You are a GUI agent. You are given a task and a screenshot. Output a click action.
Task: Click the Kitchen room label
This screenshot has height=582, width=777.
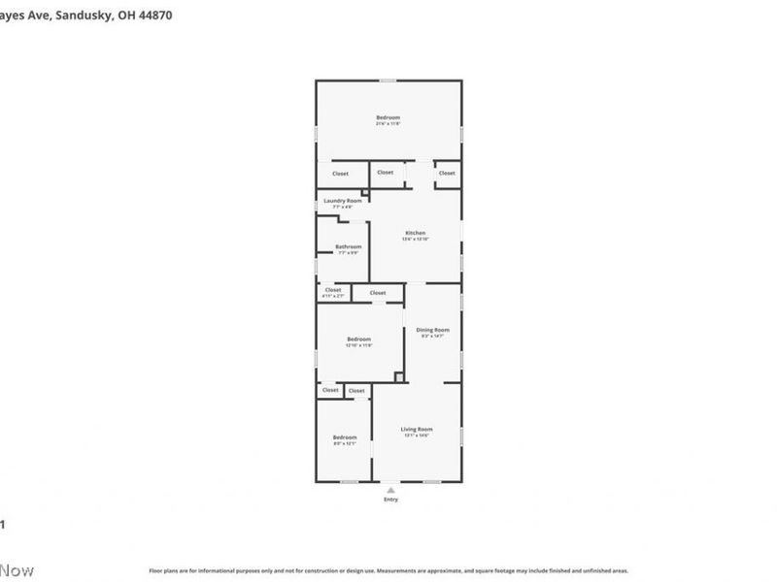[x=415, y=233]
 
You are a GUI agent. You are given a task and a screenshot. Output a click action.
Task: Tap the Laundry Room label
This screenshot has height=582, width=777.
[x=335, y=201]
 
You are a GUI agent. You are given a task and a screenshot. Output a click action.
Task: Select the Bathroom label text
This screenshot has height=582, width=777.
[x=348, y=246]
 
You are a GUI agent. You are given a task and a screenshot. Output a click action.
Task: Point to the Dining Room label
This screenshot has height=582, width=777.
[x=432, y=330]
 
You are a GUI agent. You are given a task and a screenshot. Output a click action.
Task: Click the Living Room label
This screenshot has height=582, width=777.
[x=417, y=429]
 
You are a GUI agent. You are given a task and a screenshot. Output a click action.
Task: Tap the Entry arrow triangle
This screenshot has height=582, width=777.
[x=389, y=490]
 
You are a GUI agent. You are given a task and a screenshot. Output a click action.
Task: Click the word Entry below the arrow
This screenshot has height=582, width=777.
[x=389, y=500]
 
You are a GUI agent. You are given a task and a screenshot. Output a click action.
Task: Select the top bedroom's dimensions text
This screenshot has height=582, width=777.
[x=388, y=124]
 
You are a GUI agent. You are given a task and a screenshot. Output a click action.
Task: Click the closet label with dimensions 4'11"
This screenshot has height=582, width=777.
[x=332, y=295]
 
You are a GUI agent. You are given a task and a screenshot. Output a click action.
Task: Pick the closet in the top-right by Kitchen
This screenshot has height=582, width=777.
[x=446, y=174]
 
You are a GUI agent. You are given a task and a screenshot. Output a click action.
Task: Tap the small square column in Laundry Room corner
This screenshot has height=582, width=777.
[x=364, y=193]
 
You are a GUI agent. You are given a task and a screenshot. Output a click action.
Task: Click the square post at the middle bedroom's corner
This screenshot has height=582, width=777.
[x=398, y=376]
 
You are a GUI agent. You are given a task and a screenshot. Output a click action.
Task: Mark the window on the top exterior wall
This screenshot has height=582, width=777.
[x=388, y=81]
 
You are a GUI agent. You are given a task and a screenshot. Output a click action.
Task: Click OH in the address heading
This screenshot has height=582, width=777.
[x=126, y=16]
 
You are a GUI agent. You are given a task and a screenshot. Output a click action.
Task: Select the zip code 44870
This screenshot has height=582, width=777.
[x=155, y=16]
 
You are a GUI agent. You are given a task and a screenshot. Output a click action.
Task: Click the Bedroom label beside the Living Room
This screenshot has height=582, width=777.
[x=345, y=437]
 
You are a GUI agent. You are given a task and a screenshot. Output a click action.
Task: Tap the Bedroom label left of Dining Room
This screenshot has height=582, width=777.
[x=358, y=339]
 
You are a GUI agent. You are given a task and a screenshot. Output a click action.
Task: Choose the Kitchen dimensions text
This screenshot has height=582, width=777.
[x=415, y=239]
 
